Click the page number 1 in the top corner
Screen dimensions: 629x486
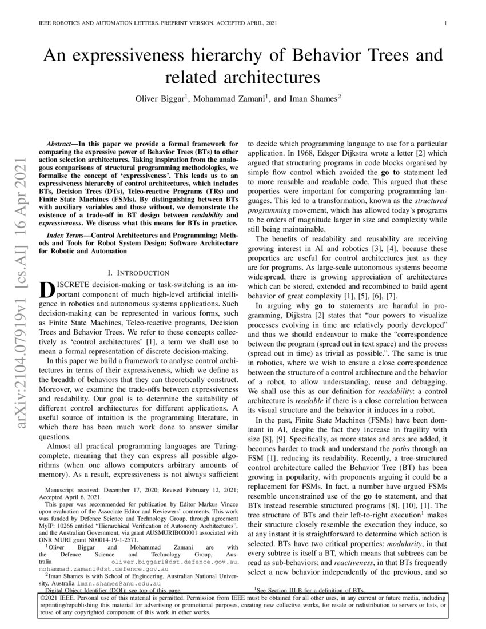pyautogui.click(x=444, y=23)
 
